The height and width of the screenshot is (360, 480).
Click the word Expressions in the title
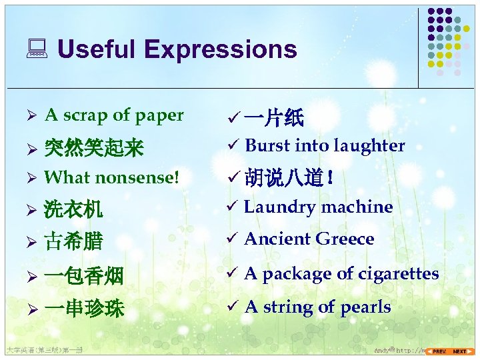(220, 50)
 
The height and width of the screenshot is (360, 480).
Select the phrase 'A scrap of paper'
(114, 115)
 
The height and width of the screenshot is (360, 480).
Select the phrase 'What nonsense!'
(112, 178)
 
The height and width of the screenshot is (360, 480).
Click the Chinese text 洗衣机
(73, 211)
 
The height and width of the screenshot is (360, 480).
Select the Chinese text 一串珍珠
(83, 309)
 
